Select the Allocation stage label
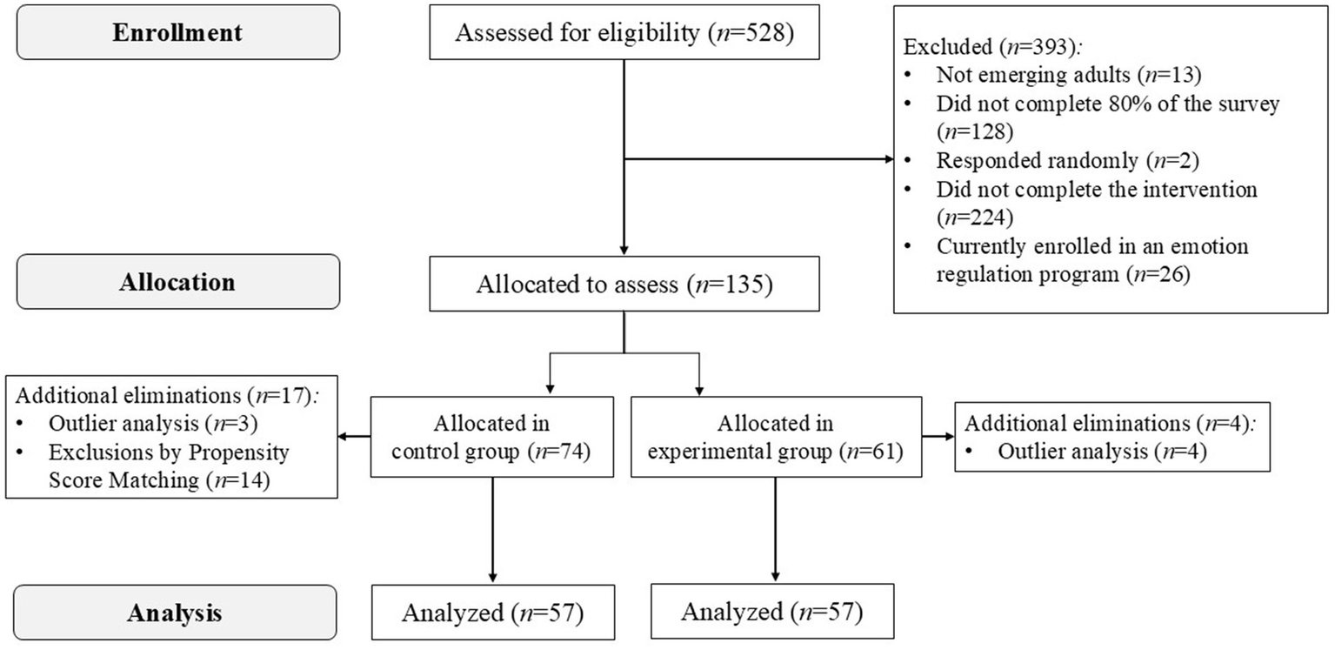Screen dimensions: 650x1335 point(177,282)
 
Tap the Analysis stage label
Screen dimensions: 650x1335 point(177,612)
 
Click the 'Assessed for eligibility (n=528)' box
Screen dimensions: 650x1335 point(624,34)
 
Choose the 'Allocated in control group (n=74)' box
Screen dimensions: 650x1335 point(494,437)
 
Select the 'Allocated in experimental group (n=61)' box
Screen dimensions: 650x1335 point(775,437)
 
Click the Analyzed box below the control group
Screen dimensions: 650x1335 point(492,612)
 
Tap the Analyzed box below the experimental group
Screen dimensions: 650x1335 point(771,612)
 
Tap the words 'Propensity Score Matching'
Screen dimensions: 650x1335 point(169,466)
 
